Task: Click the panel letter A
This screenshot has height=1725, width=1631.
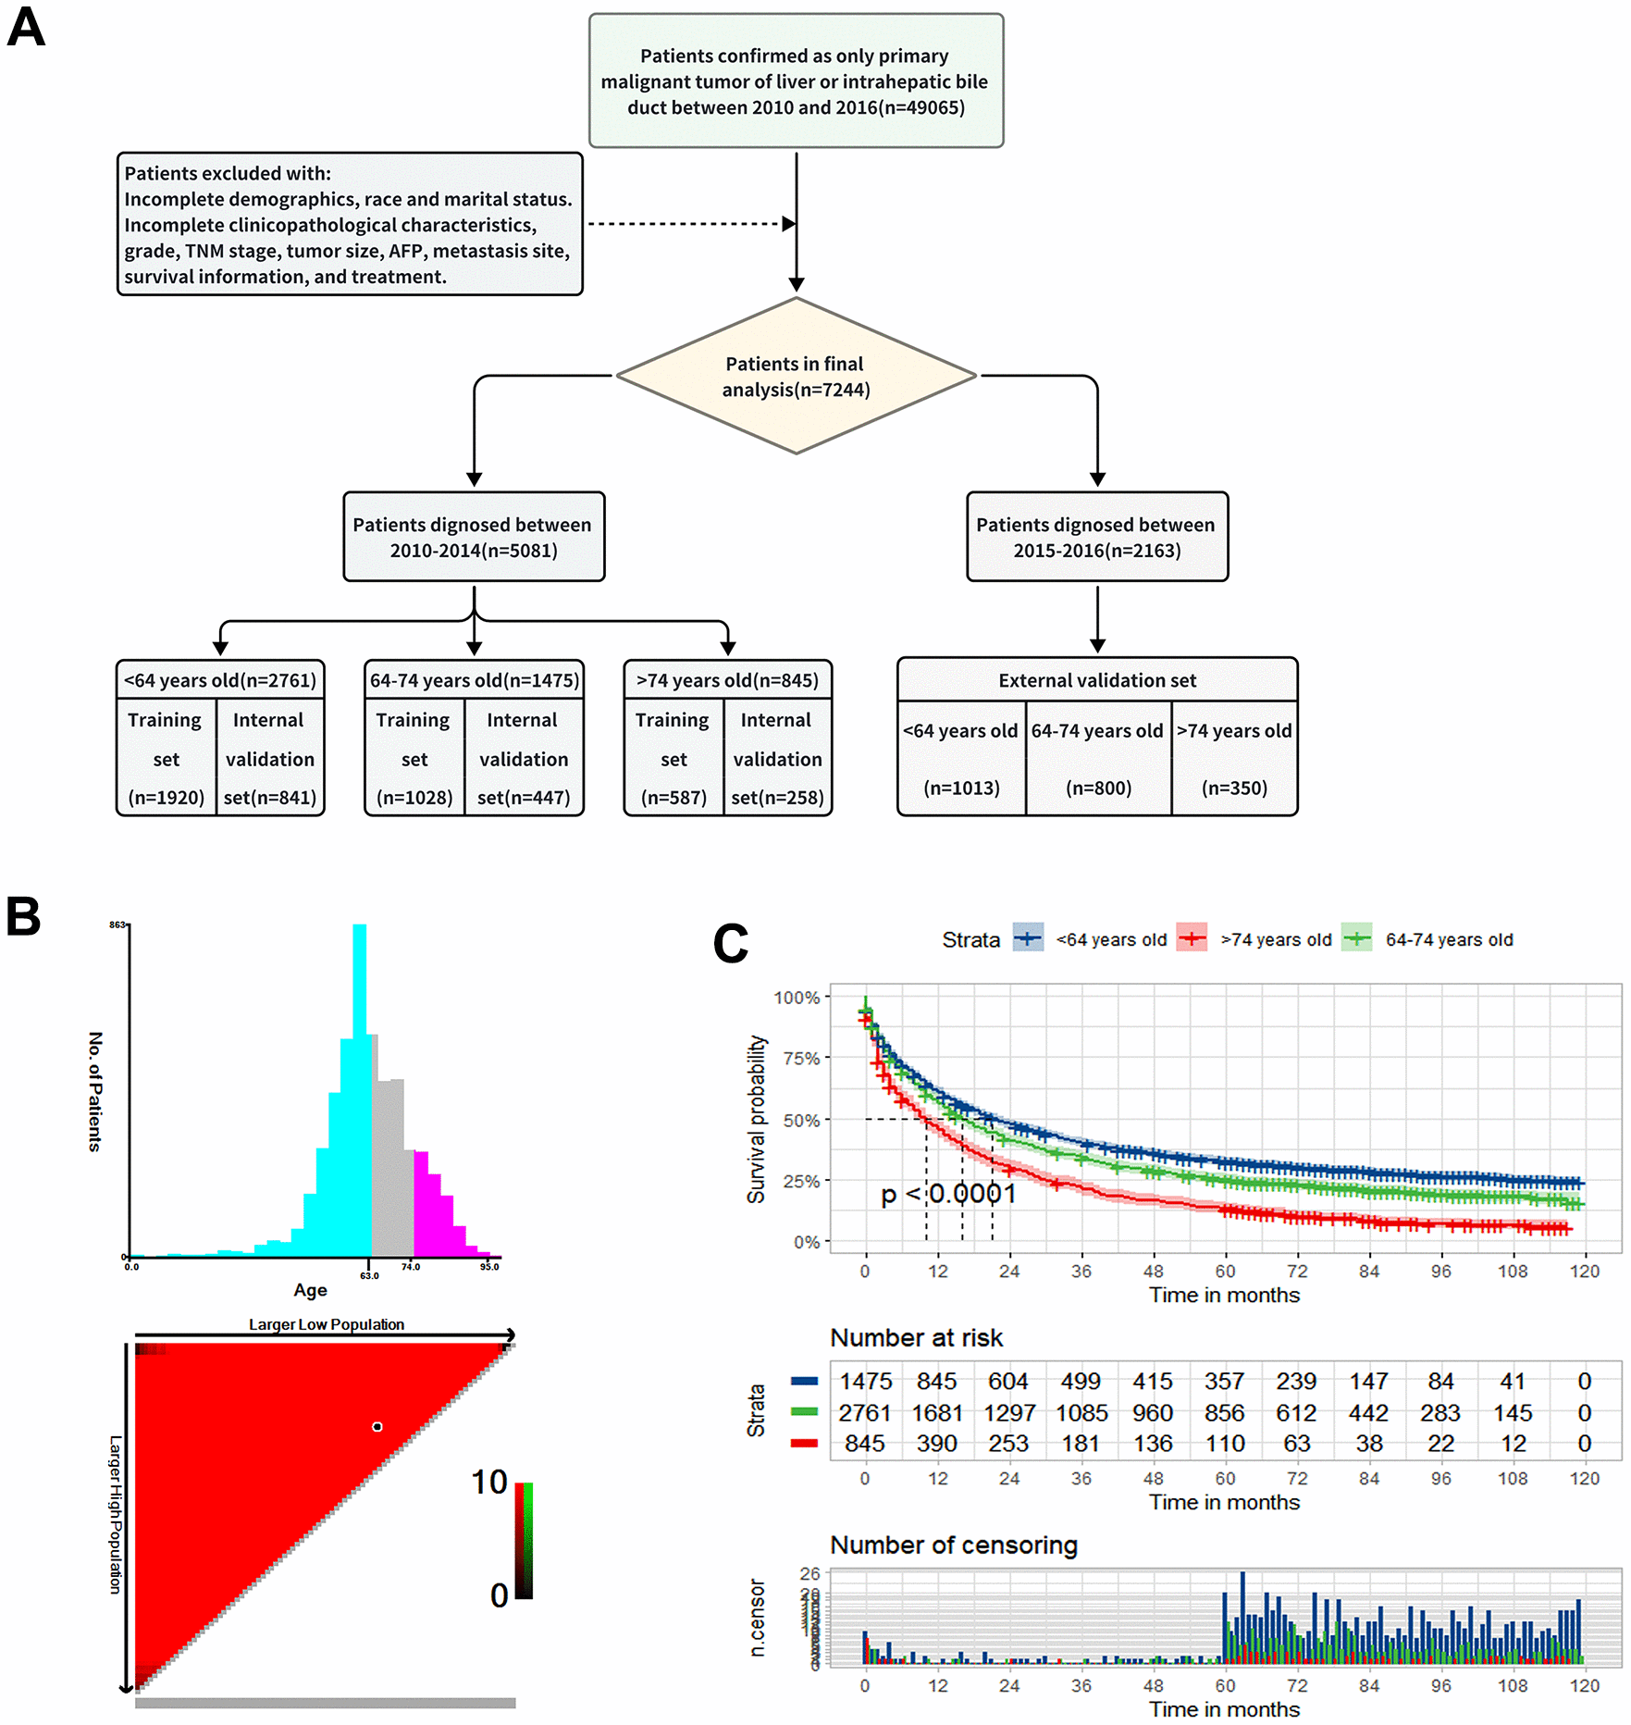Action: coord(26,28)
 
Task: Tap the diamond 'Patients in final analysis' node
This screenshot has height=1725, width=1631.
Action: coord(796,376)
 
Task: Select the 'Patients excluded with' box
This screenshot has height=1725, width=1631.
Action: coord(349,225)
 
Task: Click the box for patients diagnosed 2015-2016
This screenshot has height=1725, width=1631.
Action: coord(1096,538)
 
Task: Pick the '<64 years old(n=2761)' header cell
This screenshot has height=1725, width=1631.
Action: coord(220,680)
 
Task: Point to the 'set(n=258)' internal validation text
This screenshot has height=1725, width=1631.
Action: coord(777,798)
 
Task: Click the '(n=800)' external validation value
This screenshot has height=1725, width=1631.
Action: coord(1098,788)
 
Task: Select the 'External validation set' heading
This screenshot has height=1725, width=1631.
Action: coord(1096,681)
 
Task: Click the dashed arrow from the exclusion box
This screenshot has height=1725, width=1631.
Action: coord(689,224)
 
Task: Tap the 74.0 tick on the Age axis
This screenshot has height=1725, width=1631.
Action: coord(411,1267)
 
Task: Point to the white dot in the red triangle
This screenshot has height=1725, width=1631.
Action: coord(377,1427)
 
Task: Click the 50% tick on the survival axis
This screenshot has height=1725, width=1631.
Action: coord(801,1121)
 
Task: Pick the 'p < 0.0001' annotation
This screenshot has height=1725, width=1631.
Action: coord(948,1195)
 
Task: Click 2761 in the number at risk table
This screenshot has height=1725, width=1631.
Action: coord(864,1413)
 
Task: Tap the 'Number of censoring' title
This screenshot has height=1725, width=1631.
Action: coord(954,1545)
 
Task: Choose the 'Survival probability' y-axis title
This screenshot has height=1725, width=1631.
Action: coord(757,1120)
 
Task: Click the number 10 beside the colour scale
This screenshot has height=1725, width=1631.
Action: coord(488,1483)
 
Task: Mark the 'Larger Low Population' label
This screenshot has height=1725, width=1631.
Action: coord(326,1324)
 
